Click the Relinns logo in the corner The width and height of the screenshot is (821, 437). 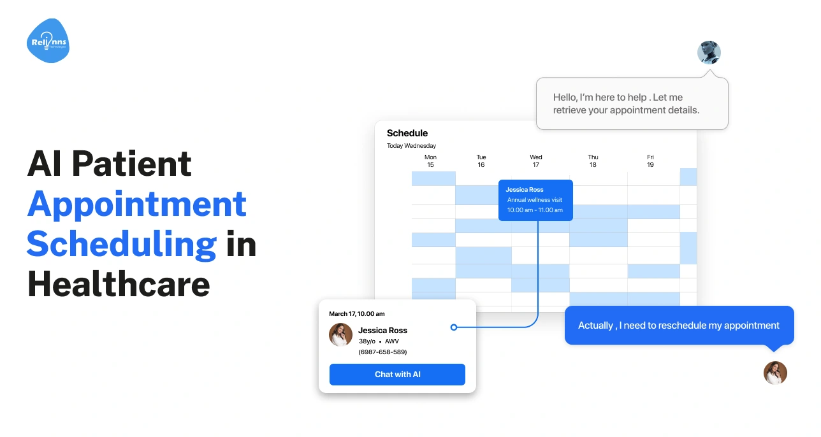(x=48, y=41)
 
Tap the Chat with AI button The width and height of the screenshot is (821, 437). (x=397, y=375)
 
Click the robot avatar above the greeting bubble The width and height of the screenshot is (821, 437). (x=709, y=52)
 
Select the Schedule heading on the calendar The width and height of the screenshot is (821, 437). (x=407, y=133)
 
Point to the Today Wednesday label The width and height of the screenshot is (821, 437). (x=411, y=146)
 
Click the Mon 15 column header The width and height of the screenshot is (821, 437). (x=430, y=161)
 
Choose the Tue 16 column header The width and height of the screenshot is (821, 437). (x=481, y=161)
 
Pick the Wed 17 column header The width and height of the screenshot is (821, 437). (x=536, y=161)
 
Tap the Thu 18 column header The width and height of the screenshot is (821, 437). (x=593, y=161)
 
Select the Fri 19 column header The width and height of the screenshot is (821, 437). (x=650, y=161)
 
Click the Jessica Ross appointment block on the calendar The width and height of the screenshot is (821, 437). (x=535, y=200)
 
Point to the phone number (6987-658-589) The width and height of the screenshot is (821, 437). (x=382, y=352)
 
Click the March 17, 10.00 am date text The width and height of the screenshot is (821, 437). (x=356, y=314)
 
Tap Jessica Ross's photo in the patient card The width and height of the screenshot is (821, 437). (x=340, y=334)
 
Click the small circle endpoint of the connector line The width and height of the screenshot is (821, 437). (x=454, y=327)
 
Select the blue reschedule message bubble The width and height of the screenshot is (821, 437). (x=679, y=326)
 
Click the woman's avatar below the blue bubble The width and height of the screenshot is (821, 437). (x=775, y=373)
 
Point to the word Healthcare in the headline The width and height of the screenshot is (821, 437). (x=119, y=284)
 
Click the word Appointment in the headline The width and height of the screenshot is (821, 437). (x=136, y=204)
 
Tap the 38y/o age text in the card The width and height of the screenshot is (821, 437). (x=367, y=341)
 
